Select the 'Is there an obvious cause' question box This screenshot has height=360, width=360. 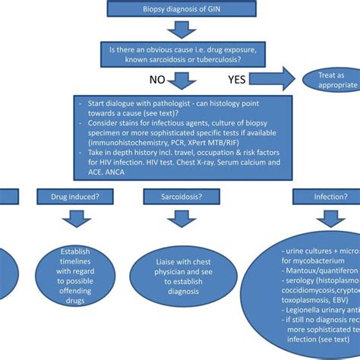[182, 55]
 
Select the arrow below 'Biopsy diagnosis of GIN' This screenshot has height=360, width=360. [182, 29]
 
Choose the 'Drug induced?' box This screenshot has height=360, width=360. [74, 196]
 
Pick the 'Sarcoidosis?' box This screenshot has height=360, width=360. [181, 196]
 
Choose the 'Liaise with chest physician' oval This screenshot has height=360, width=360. [181, 267]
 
